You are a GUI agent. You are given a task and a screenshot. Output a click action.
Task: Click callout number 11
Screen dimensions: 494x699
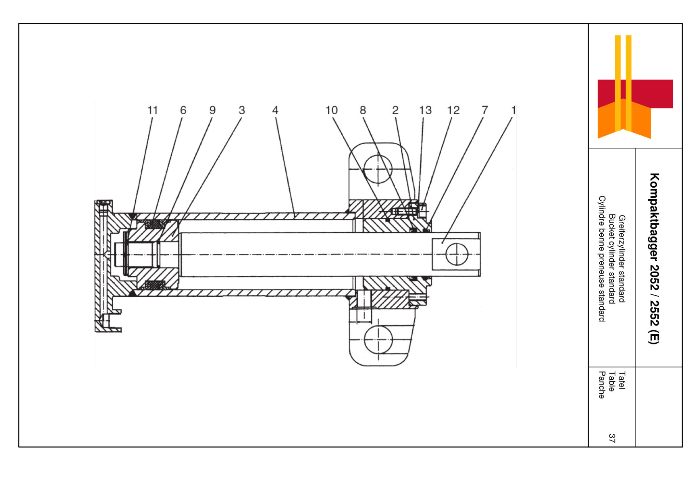152,110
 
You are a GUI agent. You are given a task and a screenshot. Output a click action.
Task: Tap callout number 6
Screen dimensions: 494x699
183,110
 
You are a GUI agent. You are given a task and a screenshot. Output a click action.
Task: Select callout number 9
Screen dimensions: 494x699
212,110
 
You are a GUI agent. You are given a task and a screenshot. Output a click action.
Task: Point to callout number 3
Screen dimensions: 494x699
242,110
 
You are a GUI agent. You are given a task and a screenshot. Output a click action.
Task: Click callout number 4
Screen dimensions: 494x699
275,110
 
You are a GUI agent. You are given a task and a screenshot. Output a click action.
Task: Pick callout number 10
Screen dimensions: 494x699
331,110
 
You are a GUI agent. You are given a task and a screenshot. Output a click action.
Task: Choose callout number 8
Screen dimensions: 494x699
362,110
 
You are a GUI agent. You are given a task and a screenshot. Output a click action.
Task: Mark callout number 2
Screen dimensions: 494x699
395,110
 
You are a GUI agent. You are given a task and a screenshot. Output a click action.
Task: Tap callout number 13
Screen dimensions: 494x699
425,110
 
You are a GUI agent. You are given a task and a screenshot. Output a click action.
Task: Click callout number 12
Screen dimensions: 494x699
453,110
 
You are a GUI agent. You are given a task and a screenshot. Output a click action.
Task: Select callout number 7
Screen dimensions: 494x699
484,110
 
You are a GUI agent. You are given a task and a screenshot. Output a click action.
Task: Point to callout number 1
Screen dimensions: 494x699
513,110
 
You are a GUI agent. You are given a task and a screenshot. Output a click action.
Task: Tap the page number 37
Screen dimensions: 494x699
612,438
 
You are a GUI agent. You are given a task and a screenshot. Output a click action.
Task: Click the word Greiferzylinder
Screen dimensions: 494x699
622,241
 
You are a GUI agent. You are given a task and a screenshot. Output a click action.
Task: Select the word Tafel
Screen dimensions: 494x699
622,380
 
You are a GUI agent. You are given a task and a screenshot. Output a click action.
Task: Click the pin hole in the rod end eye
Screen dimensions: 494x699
457,255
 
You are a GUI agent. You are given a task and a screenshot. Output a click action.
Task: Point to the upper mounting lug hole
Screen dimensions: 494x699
378,169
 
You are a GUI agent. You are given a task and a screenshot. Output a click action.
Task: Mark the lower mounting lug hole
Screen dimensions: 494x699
378,339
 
